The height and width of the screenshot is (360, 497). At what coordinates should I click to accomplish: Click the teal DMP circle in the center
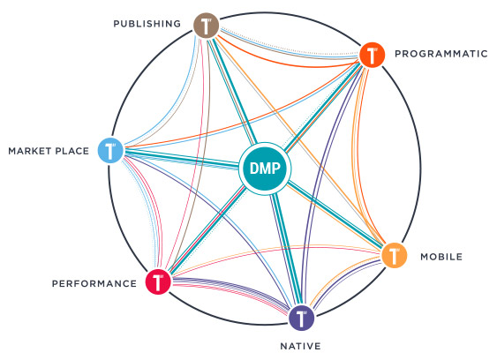[x=265, y=169]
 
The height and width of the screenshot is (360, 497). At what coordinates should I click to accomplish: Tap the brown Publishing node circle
[x=207, y=26]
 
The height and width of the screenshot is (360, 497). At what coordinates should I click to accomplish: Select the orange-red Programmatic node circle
[x=373, y=55]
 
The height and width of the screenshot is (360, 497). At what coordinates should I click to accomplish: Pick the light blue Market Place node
[x=110, y=151]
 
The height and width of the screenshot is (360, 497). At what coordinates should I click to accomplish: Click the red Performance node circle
[x=158, y=281]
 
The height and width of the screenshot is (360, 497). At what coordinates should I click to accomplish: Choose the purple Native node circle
[x=301, y=318]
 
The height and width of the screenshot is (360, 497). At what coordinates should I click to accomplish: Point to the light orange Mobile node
[x=394, y=255]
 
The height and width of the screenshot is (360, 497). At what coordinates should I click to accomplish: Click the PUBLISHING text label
[x=147, y=24]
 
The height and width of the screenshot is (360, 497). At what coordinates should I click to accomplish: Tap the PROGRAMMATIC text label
[x=441, y=54]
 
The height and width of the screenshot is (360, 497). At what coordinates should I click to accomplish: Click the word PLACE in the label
[x=72, y=151]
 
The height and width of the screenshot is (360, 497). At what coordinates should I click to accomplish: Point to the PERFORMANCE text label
[x=94, y=283]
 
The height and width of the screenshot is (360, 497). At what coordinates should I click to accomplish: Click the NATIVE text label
[x=300, y=346]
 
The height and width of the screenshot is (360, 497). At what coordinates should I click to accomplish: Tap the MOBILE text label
[x=441, y=257]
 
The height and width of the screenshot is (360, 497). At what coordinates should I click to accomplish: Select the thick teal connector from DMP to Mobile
[x=335, y=214]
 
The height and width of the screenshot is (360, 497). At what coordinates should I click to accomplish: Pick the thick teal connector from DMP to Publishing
[x=233, y=90]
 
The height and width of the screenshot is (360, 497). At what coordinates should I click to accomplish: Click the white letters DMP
[x=265, y=169]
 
